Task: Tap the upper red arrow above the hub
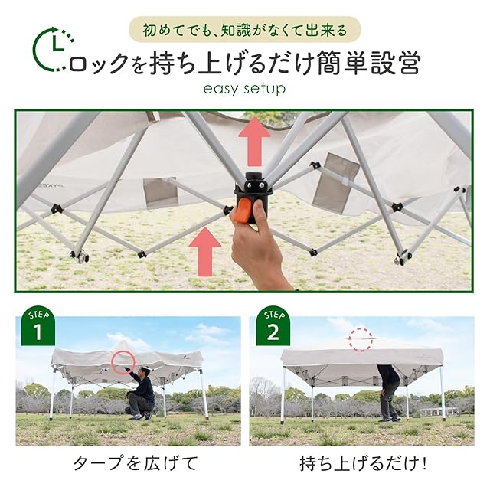coord(254,142)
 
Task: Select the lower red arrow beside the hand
coord(205,252)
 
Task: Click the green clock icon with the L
coord(54,49)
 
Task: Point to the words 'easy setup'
coord(244,89)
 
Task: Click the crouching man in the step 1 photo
coord(140,394)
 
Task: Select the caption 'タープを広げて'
coord(136,463)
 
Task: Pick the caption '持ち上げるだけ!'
coord(363,463)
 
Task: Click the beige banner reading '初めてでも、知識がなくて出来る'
coord(245,31)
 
